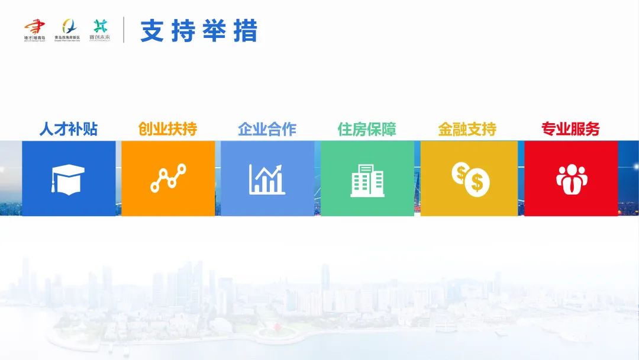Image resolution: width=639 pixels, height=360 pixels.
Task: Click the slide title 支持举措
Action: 199,31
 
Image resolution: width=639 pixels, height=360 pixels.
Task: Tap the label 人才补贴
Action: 69,129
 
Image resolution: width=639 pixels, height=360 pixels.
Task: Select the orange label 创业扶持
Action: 167,129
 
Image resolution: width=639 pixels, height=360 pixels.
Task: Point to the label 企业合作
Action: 267,129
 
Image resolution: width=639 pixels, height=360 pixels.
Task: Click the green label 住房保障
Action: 367,129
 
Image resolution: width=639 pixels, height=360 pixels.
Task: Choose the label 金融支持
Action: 467,129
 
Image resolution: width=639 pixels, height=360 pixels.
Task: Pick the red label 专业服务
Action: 570,129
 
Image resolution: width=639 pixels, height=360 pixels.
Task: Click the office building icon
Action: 367,179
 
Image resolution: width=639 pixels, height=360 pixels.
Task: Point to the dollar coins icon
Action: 469,179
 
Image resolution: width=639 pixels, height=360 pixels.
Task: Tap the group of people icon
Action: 571,179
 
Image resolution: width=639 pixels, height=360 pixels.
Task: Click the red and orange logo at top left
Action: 35,27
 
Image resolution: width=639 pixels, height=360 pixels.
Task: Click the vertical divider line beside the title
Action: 124,30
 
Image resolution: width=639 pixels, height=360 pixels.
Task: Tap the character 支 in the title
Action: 151,31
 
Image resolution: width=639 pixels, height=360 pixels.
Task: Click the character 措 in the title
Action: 246,31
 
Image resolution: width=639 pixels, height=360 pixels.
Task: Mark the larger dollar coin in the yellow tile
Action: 477,184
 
